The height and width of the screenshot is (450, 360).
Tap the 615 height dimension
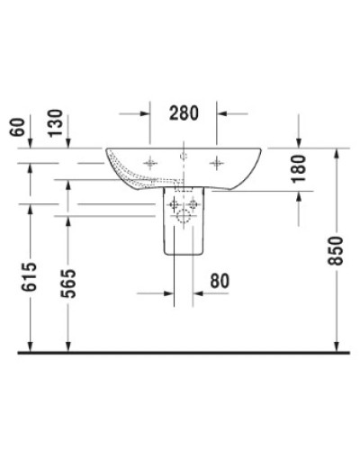coord(31,279)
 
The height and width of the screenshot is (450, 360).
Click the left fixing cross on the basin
coord(149,163)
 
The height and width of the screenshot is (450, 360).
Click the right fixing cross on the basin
coord(217,163)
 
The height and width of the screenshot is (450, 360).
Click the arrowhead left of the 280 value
coord(144,113)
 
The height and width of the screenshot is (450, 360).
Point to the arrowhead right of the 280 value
coord(224,113)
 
